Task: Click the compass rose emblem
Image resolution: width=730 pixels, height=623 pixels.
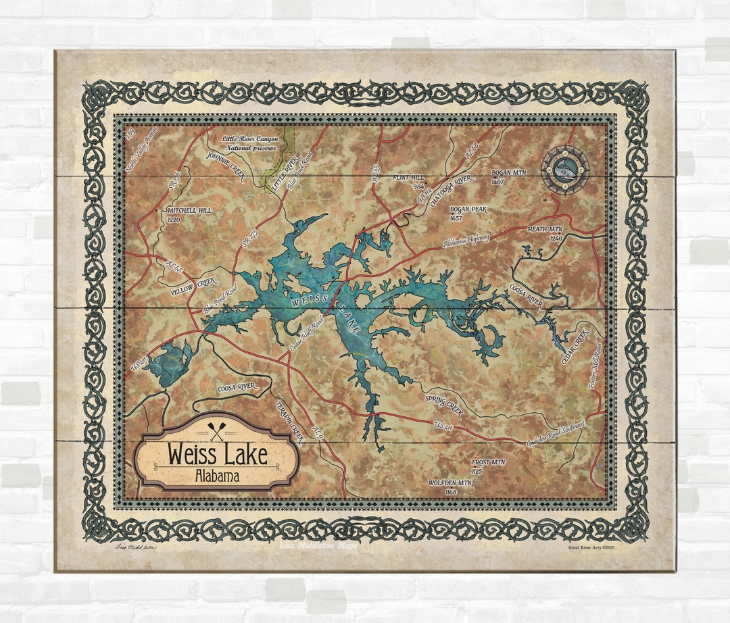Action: tap(565, 170)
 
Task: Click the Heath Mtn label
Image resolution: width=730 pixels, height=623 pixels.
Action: tap(545, 234)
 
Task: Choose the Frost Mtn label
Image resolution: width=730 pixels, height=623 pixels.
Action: tap(488, 466)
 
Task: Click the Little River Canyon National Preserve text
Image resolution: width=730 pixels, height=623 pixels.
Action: tap(249, 143)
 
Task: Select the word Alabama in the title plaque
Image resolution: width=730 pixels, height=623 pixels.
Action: tap(217, 476)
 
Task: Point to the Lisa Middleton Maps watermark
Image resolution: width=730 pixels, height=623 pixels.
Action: tap(318, 545)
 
